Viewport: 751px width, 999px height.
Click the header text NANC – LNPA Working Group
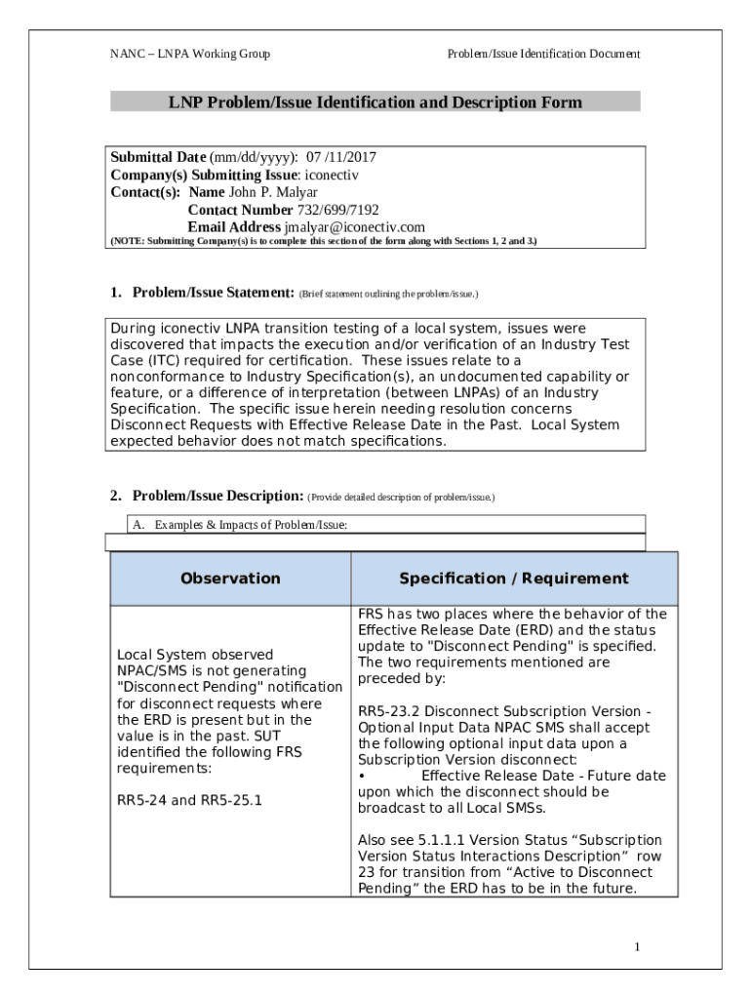[x=190, y=55]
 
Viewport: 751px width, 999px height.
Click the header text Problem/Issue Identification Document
[x=543, y=55]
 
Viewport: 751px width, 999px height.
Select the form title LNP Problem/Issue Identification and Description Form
[x=375, y=102]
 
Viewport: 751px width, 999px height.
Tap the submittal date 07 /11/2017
[x=341, y=158]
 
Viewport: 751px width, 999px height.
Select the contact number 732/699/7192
[x=337, y=210]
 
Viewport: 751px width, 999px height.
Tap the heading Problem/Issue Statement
[x=214, y=293]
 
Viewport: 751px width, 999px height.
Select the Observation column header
[x=230, y=579]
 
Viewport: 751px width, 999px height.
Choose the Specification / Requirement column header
[x=514, y=579]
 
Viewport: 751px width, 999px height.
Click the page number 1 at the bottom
[x=636, y=947]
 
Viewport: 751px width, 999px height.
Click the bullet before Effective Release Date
[x=362, y=776]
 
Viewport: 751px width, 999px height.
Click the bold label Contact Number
[x=240, y=210]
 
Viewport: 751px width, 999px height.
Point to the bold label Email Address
[x=233, y=227]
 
